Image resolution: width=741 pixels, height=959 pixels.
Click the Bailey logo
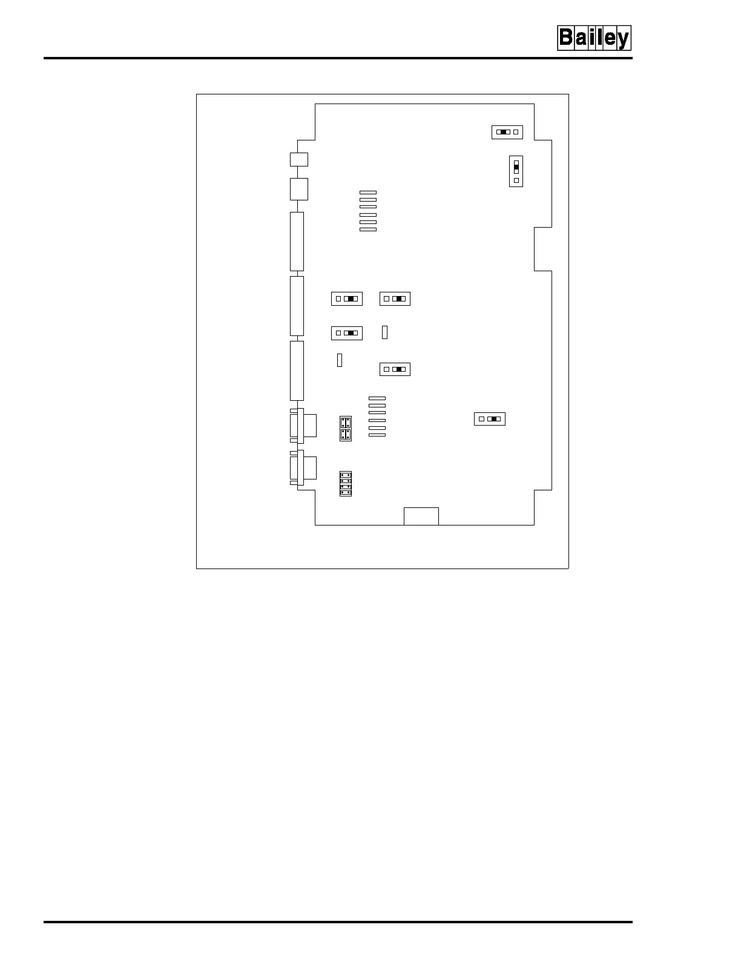click(x=594, y=38)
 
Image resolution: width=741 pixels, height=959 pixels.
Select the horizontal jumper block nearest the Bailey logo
click(x=507, y=132)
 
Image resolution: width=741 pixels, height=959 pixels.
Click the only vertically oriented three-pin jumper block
click(x=516, y=171)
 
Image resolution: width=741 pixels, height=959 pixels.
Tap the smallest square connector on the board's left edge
click(x=298, y=159)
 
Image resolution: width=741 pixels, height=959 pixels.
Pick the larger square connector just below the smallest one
click(x=298, y=189)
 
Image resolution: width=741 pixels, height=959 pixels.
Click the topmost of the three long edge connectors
click(x=297, y=242)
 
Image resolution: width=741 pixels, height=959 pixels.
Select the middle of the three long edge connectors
click(x=297, y=306)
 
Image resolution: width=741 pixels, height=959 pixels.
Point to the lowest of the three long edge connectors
click(x=297, y=371)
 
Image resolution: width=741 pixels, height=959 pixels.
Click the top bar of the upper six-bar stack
click(x=368, y=193)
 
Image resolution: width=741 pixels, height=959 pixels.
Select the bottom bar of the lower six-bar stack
click(x=377, y=435)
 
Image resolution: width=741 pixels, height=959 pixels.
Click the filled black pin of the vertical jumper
click(x=516, y=167)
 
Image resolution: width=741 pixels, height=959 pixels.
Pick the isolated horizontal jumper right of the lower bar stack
click(x=489, y=419)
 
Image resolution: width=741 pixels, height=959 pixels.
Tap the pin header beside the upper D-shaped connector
click(x=346, y=429)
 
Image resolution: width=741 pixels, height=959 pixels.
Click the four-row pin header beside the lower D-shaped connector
click(x=346, y=484)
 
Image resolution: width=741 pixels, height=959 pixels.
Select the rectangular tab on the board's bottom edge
click(x=421, y=516)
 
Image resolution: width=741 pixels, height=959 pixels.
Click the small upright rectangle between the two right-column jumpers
click(x=384, y=332)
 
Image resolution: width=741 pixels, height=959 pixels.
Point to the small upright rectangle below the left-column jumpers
click(x=340, y=360)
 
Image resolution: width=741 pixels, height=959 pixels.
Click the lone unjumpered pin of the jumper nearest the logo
click(x=516, y=132)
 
